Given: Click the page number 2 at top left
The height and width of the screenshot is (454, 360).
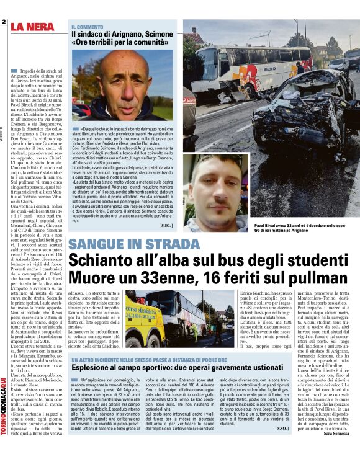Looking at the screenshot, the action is [4, 22].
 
